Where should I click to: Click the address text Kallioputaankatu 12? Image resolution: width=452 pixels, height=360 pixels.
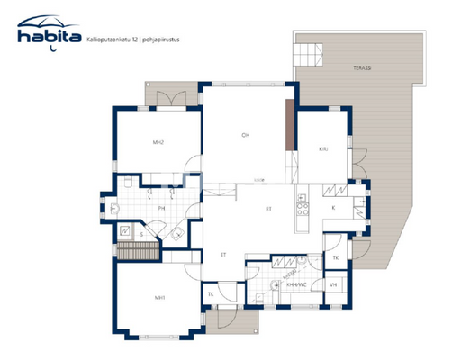(x=107, y=39)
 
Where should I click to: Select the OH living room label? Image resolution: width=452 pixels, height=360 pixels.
(x=244, y=136)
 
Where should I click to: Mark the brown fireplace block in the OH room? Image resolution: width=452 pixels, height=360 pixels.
(x=289, y=126)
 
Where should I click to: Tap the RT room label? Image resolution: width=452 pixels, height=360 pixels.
(x=267, y=209)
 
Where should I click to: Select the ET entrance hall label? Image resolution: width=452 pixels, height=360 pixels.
(x=222, y=255)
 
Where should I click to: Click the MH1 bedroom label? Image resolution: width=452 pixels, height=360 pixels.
(x=159, y=297)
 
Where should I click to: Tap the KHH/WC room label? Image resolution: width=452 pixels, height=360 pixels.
(x=296, y=283)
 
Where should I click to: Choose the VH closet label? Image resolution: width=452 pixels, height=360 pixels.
(x=333, y=284)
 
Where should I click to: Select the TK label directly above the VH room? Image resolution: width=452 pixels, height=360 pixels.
(x=334, y=257)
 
